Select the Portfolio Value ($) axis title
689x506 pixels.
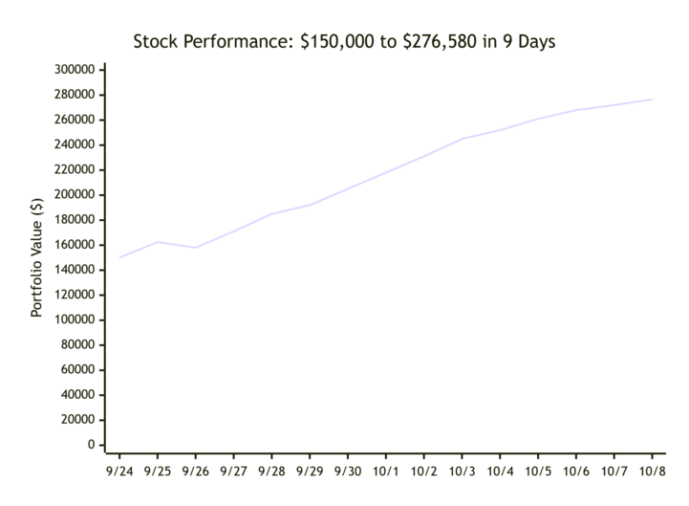(37, 257)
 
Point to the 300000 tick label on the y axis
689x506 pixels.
(75, 70)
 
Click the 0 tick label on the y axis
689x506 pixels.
(91, 445)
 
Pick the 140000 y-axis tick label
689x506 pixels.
(75, 270)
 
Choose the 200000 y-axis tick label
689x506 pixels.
(75, 195)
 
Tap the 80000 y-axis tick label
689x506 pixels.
(77, 345)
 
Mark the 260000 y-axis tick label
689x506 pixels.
(75, 120)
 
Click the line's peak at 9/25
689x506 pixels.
(158, 242)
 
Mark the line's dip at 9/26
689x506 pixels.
(196, 248)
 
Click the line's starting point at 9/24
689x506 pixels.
(119, 257)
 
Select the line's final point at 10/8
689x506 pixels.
(652, 99)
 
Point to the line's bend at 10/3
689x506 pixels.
(462, 139)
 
